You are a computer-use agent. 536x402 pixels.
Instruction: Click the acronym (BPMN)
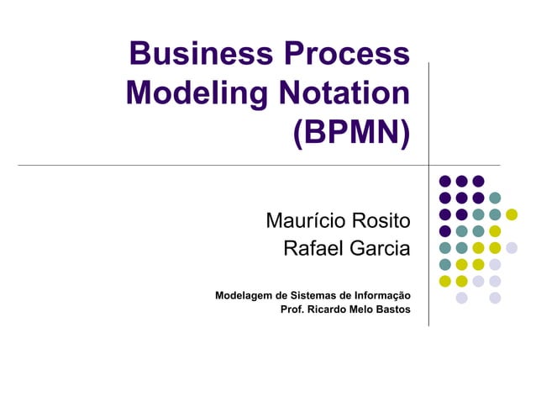coord(350,132)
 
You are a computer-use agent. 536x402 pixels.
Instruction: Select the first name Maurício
coord(303,221)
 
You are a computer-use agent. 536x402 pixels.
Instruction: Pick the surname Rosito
coord(379,221)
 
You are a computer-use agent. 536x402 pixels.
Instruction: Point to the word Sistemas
coord(318,295)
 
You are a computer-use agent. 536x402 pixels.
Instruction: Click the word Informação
coord(381,295)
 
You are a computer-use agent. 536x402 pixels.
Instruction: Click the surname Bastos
coord(394,309)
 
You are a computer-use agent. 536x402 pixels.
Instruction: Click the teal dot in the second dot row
coord(495,198)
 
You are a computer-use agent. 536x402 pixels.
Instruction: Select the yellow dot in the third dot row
coord(512,214)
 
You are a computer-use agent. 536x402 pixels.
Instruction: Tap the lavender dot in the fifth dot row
coord(512,247)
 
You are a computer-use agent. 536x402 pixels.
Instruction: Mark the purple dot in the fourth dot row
coord(445,230)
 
